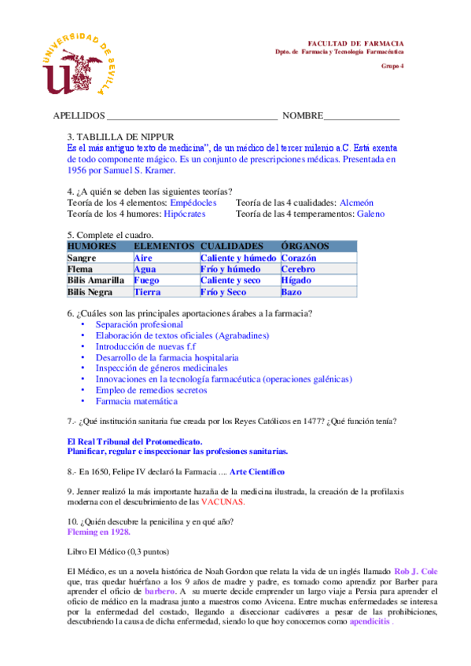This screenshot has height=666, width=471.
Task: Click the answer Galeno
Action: pos(370,214)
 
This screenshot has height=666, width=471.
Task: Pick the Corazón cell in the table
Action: pos(299,258)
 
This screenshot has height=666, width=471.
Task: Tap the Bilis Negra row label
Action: pos(90,292)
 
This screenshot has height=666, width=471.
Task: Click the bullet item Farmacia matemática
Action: pos(136,401)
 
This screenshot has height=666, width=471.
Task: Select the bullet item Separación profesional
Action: pos(139,324)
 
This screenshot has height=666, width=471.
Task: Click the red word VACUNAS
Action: pos(223,502)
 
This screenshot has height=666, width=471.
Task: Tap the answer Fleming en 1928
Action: pos(98,532)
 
